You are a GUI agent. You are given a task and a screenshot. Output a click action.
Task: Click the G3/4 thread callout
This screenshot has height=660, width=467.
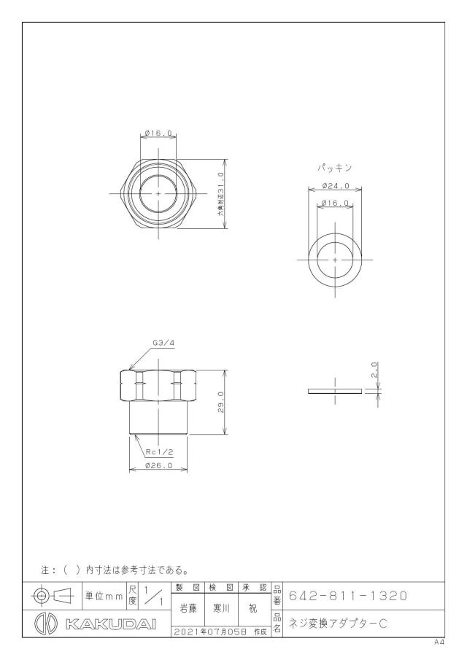coord(163,343)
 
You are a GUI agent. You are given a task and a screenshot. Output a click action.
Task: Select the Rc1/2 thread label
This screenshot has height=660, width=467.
coord(160,452)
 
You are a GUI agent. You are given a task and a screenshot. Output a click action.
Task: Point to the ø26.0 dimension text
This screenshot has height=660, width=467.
coord(158,465)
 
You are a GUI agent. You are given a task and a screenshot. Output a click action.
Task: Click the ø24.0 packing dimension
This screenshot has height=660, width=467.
coord(336,185)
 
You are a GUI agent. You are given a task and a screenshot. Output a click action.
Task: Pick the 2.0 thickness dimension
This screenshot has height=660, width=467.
coord(375,370)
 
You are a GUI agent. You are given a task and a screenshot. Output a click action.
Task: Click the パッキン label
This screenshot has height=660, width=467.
coord(334,168)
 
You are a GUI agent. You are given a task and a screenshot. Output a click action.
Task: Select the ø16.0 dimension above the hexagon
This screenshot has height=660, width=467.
coord(158,133)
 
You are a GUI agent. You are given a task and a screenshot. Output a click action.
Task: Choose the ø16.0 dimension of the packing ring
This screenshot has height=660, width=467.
coord(335,203)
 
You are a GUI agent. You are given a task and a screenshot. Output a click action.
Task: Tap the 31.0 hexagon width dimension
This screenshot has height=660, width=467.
coord(220,193)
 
